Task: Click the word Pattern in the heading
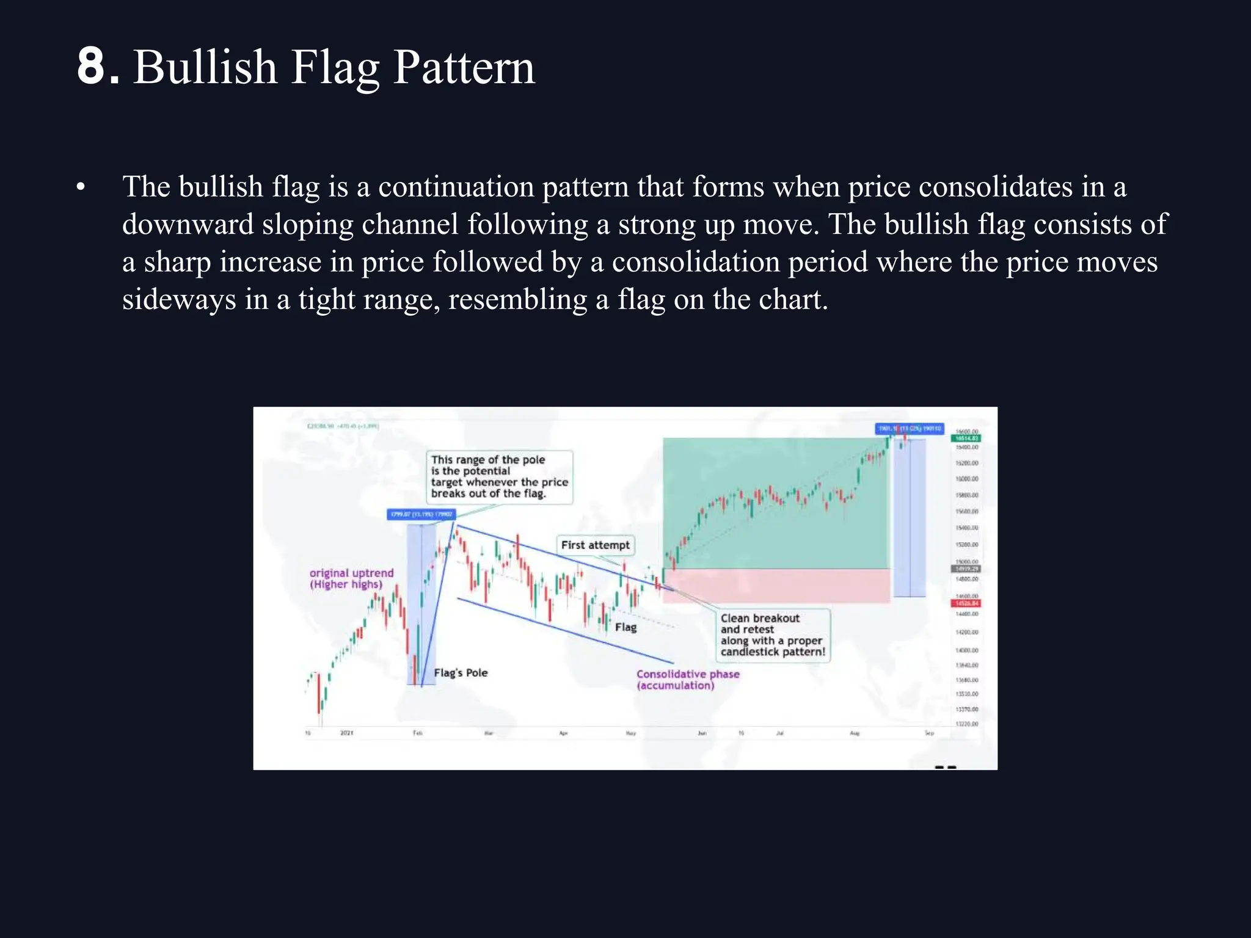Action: (x=464, y=67)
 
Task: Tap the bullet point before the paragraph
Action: (x=81, y=187)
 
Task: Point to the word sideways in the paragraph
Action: (x=178, y=299)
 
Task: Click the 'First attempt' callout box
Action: (x=595, y=545)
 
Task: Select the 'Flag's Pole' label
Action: (x=461, y=672)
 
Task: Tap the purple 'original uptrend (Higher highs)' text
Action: (x=351, y=578)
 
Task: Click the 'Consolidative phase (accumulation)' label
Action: (x=687, y=679)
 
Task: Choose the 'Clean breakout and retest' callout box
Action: (x=773, y=634)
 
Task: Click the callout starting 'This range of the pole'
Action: (x=499, y=476)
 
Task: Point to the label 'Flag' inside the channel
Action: (x=625, y=627)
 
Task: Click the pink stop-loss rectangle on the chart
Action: (x=776, y=586)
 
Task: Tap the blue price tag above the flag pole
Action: (x=421, y=514)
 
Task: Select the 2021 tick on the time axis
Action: (x=346, y=732)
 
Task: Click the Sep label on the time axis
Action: (x=928, y=732)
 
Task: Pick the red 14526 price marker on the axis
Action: (x=966, y=603)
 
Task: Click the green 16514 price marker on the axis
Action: (x=966, y=438)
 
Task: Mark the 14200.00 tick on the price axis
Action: (x=966, y=632)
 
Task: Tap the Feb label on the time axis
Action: (x=417, y=732)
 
